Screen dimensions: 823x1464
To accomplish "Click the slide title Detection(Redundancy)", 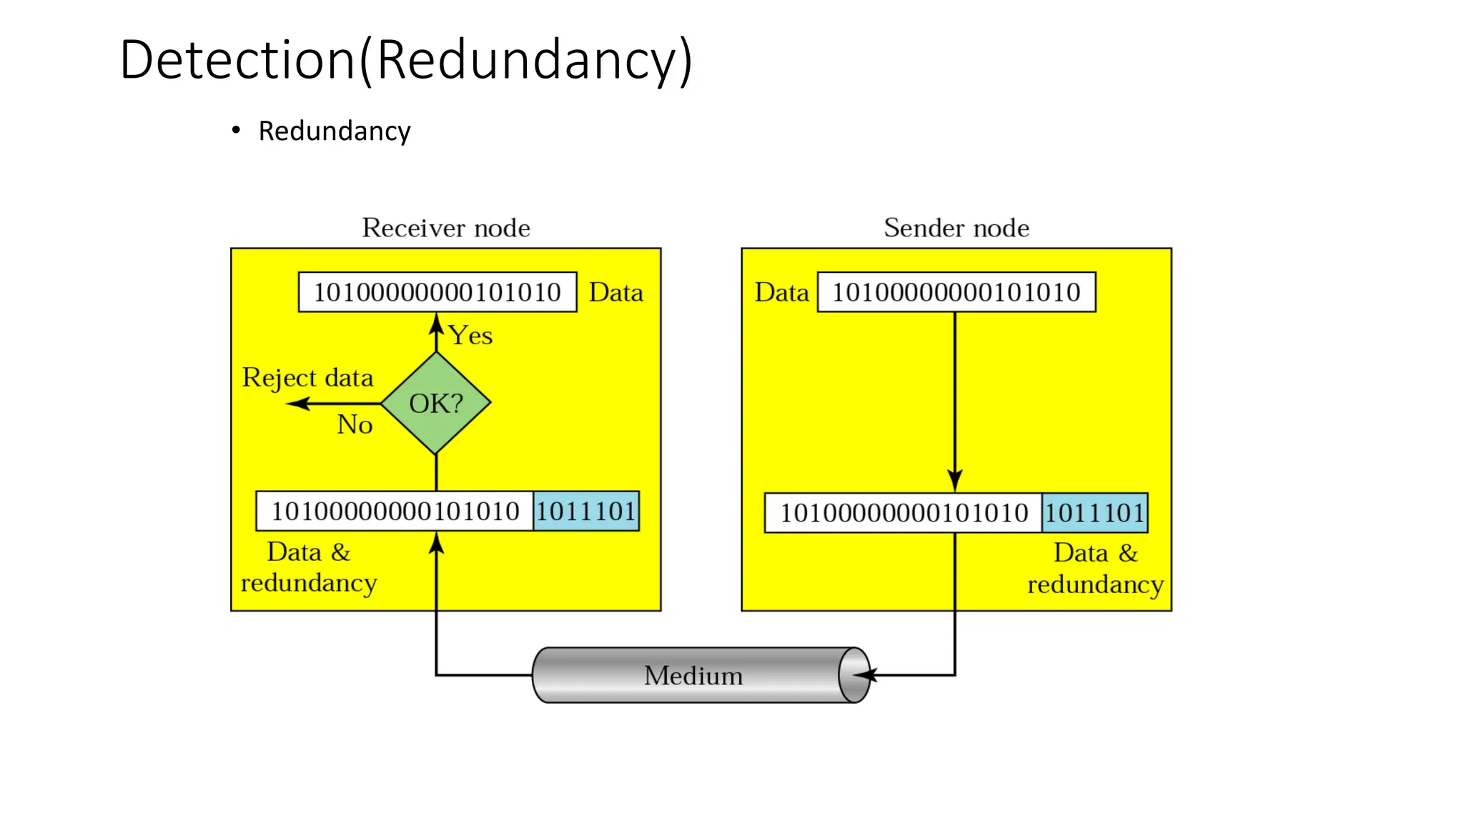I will [405, 60].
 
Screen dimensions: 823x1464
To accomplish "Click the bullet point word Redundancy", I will [334, 131].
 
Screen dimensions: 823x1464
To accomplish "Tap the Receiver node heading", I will [445, 228].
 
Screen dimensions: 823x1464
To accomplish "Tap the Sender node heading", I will [956, 228].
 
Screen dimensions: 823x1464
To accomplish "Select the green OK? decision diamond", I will [435, 404].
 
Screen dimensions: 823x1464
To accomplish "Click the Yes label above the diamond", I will [470, 336].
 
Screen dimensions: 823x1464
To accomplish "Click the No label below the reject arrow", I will [355, 424].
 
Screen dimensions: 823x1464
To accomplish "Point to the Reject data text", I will [307, 377].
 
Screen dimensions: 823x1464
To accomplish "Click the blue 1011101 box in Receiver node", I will [585, 512].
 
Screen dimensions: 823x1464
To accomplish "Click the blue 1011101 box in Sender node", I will [1094, 513].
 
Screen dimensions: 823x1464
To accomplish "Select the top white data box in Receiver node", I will [437, 292].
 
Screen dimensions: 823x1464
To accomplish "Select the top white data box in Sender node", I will [956, 292].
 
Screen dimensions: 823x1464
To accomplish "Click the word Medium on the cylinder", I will [693, 676].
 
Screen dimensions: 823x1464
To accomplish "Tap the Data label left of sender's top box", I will [781, 293].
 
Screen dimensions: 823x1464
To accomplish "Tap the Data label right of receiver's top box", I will [615, 293].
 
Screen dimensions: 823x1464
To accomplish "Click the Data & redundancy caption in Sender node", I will [1094, 569].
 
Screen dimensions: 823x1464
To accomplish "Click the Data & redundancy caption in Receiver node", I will [309, 567].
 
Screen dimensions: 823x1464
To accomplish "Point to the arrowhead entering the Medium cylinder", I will [864, 674].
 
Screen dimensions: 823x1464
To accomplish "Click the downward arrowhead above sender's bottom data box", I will [954, 480].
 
